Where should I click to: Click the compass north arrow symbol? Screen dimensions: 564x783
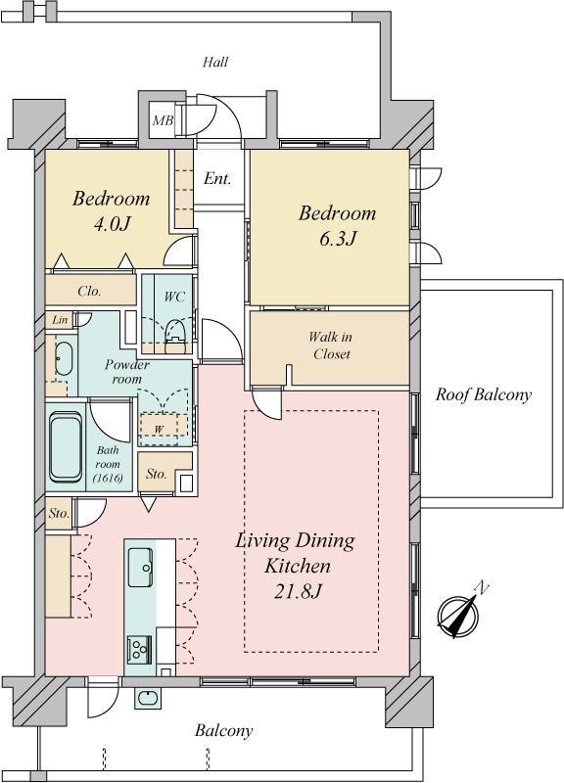(x=459, y=614)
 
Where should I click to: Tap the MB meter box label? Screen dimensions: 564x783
(x=163, y=120)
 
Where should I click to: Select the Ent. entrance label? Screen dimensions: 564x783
(x=217, y=178)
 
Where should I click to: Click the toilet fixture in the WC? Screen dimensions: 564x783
(x=175, y=330)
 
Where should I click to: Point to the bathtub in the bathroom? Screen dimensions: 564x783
(x=66, y=446)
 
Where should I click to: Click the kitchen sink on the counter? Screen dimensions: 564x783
(x=140, y=568)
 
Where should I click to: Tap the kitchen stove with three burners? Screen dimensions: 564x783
(x=139, y=650)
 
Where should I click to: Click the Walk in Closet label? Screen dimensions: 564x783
(x=331, y=345)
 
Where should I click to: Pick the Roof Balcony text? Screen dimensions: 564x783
(x=483, y=394)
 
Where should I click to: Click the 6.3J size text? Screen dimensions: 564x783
(x=338, y=239)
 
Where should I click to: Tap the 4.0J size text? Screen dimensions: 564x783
(x=112, y=224)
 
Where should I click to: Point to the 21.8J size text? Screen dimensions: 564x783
(x=298, y=592)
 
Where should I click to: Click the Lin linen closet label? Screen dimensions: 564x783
(x=60, y=320)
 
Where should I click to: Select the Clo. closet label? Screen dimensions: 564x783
(x=89, y=291)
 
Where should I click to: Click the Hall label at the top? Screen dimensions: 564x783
(x=215, y=62)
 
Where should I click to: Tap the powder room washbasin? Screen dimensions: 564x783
(x=64, y=358)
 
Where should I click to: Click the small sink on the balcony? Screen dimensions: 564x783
(x=148, y=698)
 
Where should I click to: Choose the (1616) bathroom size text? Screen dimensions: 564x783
(x=108, y=478)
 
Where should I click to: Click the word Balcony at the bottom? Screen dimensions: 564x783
(x=224, y=731)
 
